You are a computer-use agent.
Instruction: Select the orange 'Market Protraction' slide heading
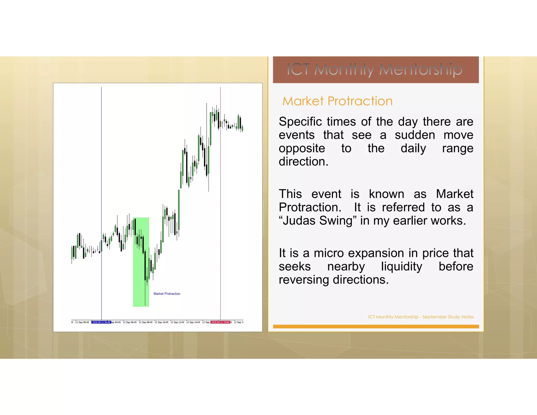click(337, 101)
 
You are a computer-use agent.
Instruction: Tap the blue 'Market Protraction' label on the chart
click(167, 294)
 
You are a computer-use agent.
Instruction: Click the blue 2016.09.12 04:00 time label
click(101, 322)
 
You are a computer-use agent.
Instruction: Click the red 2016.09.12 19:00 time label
click(220, 322)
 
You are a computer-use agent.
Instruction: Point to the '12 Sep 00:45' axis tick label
click(82, 322)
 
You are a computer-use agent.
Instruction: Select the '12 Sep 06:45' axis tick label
click(130, 322)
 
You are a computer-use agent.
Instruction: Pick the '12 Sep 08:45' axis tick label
click(146, 322)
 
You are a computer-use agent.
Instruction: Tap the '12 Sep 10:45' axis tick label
click(162, 322)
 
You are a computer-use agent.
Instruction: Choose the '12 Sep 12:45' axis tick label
click(177, 322)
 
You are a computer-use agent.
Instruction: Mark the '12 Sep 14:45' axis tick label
click(193, 322)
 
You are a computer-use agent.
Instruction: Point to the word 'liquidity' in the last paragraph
click(402, 267)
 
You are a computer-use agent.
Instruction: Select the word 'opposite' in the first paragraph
click(302, 148)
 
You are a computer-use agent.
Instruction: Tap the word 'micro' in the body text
click(329, 253)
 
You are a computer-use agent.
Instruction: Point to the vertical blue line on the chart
click(101, 157)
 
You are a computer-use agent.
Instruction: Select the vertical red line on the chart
click(221, 210)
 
